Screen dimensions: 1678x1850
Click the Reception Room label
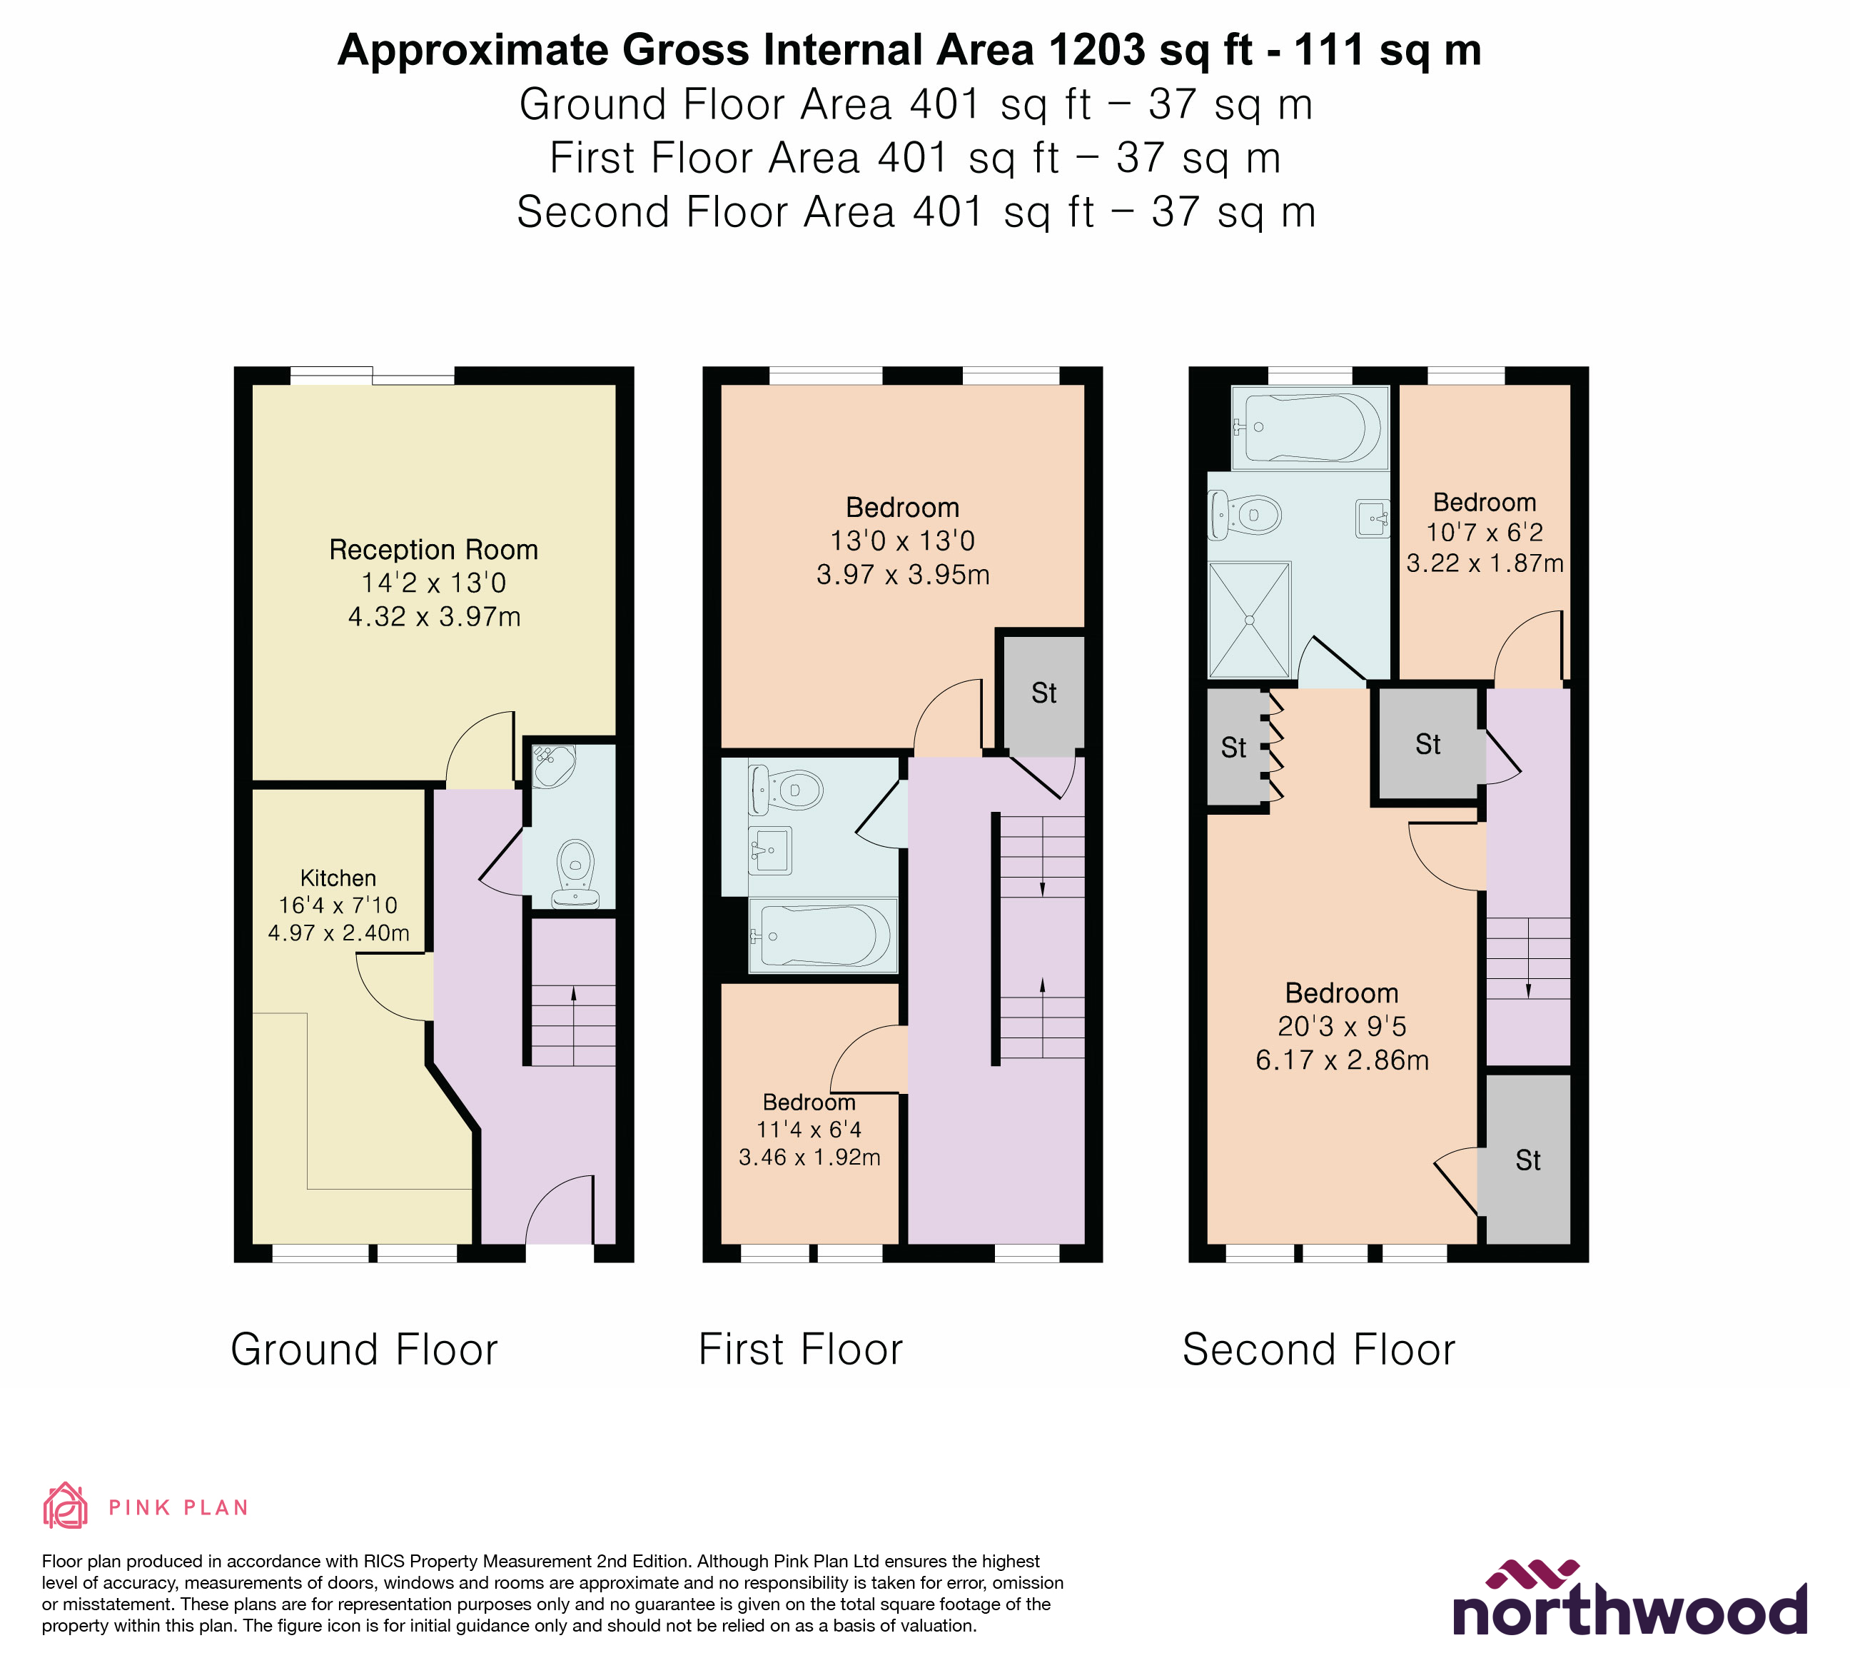(x=433, y=550)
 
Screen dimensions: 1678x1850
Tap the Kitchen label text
(x=338, y=878)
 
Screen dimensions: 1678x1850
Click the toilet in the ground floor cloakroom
(x=575, y=871)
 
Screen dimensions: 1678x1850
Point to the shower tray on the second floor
(x=1249, y=620)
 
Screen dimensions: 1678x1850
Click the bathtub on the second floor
(x=1310, y=427)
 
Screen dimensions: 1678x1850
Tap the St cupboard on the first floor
(x=1043, y=693)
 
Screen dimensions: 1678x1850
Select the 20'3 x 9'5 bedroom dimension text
(x=1342, y=1026)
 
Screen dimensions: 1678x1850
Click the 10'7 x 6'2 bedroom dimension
(x=1484, y=533)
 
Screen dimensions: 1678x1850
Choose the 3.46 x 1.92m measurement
(x=809, y=1157)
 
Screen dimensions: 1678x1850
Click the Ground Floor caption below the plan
(x=364, y=1350)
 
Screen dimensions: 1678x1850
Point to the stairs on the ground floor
(x=574, y=1023)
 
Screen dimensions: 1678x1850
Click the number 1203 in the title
(x=1096, y=51)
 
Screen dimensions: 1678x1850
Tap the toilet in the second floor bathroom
(x=1246, y=515)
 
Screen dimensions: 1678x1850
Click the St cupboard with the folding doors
(x=1234, y=748)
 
